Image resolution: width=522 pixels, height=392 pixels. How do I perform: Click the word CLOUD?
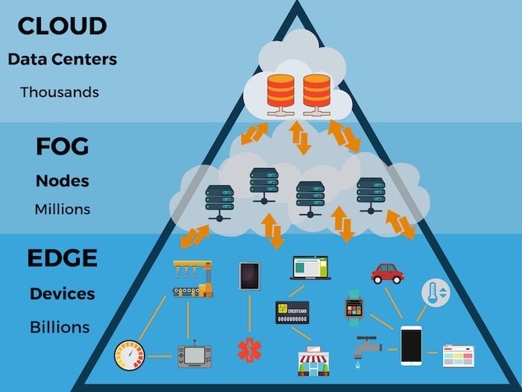(63, 25)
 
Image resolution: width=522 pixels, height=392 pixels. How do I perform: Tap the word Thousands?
(59, 93)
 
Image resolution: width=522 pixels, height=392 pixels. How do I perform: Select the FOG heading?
(63, 146)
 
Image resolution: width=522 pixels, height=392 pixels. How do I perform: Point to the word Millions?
(63, 209)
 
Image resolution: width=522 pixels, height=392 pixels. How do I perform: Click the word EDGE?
(63, 259)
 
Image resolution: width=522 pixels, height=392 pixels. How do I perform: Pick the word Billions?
(60, 327)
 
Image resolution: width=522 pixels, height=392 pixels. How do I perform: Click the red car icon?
(387, 273)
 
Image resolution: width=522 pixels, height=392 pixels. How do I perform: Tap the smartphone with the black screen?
(411, 346)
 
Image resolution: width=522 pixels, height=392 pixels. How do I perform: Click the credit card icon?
(292, 312)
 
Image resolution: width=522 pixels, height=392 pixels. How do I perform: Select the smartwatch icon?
(353, 306)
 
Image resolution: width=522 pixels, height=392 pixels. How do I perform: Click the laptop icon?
(309, 268)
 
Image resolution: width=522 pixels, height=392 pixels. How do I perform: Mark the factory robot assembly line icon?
(192, 279)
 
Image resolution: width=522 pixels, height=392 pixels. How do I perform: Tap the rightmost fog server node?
(370, 196)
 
